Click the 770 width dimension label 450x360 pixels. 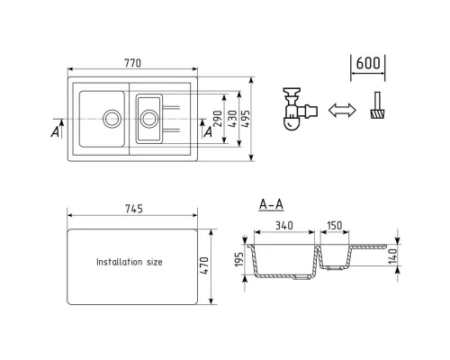tap(132, 63)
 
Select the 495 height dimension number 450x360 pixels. tap(246, 119)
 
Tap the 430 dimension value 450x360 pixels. tap(232, 119)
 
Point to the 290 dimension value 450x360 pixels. tap(219, 119)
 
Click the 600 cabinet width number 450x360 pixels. tap(368, 63)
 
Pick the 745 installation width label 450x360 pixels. tap(134, 209)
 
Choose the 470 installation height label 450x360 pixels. tap(204, 265)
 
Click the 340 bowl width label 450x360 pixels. tap(284, 225)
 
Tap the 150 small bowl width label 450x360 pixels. tap(334, 225)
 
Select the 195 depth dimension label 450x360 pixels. tap(239, 259)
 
